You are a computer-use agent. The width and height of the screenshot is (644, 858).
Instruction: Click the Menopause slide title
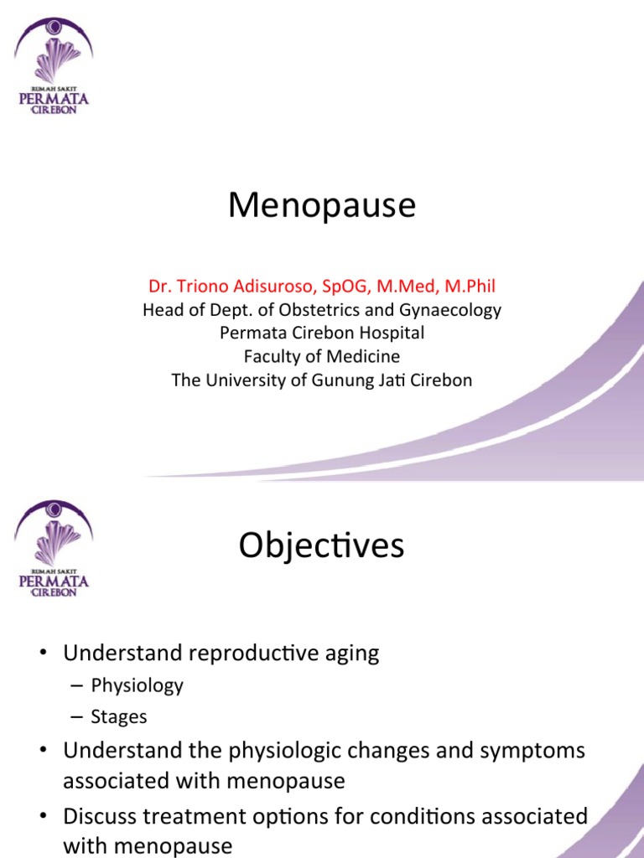[x=322, y=206]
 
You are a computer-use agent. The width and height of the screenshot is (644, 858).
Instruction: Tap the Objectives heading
[x=321, y=546]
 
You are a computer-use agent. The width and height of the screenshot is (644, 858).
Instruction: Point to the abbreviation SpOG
[x=345, y=287]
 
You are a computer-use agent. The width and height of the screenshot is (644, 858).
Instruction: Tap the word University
[x=244, y=380]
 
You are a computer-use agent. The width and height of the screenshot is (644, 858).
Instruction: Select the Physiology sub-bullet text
[x=137, y=685]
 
